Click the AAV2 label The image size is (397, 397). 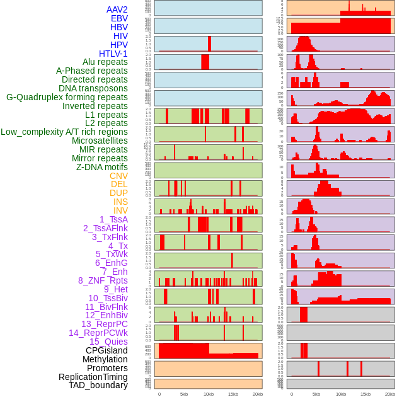point(117,9)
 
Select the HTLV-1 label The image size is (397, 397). point(113,54)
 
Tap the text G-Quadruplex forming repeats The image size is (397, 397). point(67,97)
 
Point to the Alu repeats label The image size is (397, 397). point(105,62)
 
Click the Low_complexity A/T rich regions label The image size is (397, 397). point(64,132)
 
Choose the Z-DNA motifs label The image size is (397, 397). point(101,167)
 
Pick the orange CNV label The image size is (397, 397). point(118,176)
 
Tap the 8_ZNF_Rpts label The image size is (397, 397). point(103,280)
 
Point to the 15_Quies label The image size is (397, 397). point(108,342)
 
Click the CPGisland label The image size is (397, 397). point(106,350)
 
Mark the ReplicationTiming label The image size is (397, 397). point(93,377)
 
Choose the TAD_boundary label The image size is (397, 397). point(98,385)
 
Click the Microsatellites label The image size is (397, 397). point(100,141)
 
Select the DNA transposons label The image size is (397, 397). point(93,88)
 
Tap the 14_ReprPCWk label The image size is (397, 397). point(98,333)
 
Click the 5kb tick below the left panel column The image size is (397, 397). point(184,394)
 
